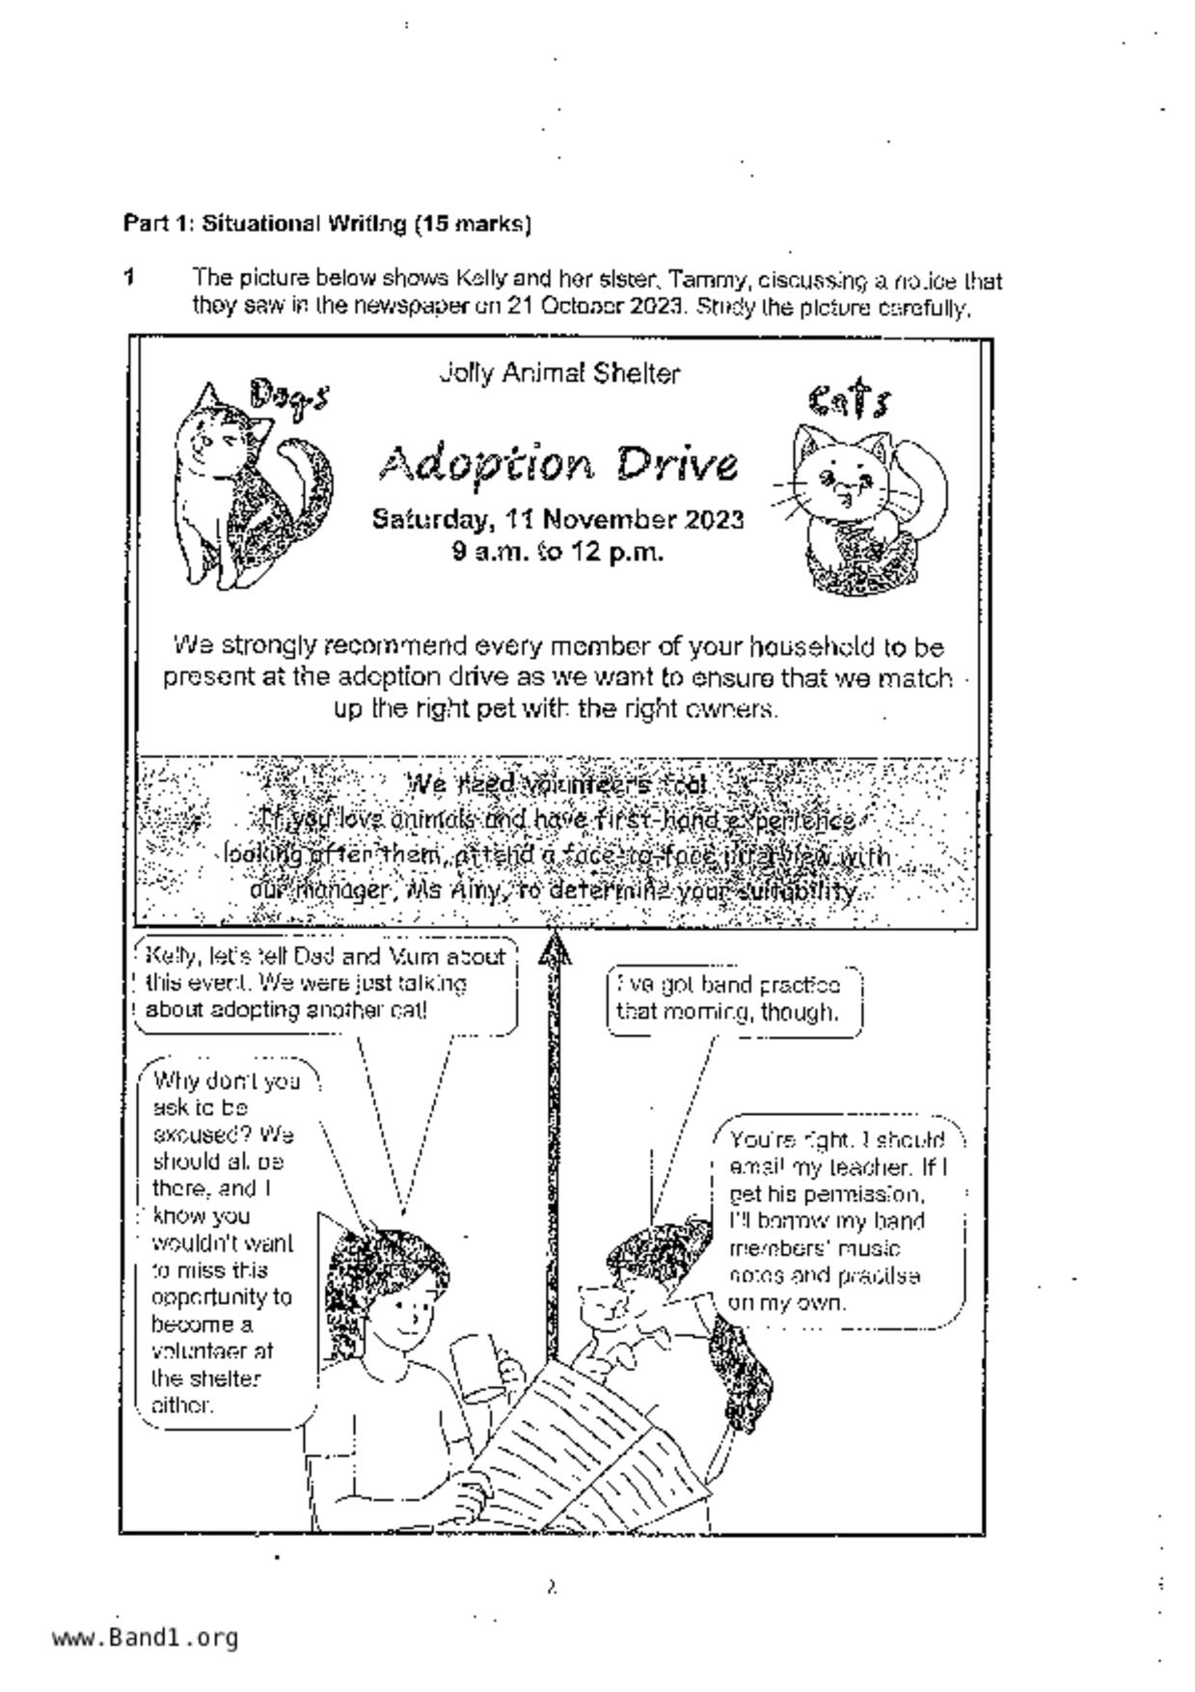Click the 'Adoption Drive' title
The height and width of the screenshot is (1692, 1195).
click(558, 465)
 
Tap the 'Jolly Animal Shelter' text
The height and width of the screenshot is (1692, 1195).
click(558, 373)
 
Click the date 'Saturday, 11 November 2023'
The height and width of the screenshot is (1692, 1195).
click(557, 520)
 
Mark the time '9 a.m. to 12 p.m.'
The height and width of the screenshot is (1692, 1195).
click(557, 553)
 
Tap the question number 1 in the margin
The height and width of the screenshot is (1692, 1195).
click(128, 278)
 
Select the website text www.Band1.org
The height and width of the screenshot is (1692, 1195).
click(145, 1637)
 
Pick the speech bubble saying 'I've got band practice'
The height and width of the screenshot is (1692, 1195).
click(734, 1000)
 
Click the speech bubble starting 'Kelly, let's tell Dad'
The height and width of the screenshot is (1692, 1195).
click(326, 984)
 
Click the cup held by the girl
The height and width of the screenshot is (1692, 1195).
click(476, 1363)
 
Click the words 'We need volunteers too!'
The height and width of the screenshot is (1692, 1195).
click(557, 783)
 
